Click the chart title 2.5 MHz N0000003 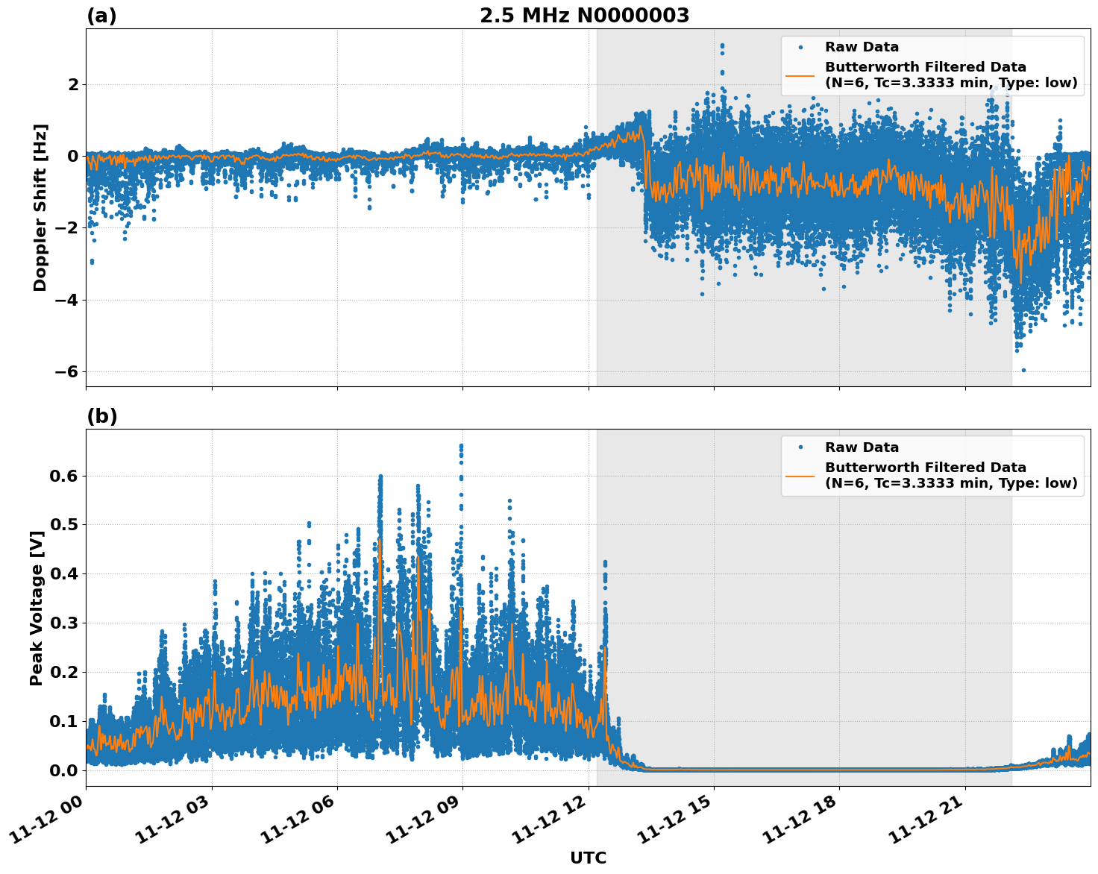click(584, 16)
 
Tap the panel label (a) click(101, 16)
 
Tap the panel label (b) click(101, 416)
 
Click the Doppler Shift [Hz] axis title click(40, 207)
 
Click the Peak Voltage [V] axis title click(37, 608)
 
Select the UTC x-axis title click(588, 858)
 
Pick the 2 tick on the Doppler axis click(73, 84)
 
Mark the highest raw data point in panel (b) click(461, 446)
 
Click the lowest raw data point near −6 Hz click(1023, 370)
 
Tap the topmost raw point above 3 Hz click(722, 45)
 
